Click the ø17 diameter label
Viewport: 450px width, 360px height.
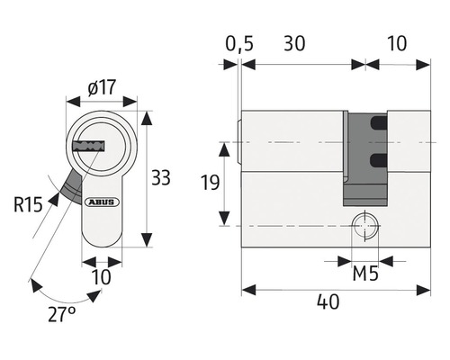pyautogui.click(x=102, y=87)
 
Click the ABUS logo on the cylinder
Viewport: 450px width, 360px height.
pyautogui.click(x=100, y=202)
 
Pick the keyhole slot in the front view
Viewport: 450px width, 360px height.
pyautogui.click(x=89, y=144)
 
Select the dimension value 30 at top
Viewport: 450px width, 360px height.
pyautogui.click(x=294, y=43)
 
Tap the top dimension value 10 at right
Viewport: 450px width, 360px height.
pyautogui.click(x=397, y=43)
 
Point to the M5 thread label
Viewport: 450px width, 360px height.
pyautogui.click(x=364, y=272)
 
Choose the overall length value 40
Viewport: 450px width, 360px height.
pyautogui.click(x=328, y=302)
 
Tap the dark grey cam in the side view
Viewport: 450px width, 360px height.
pyautogui.click(x=357, y=157)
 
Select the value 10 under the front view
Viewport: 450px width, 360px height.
pyautogui.click(x=102, y=276)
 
